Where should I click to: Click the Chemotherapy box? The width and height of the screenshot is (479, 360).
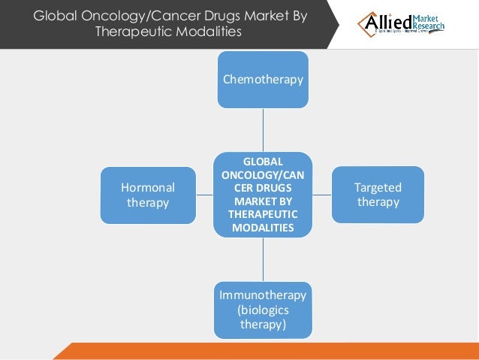point(263,79)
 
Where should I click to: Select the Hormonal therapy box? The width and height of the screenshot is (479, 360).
point(148,195)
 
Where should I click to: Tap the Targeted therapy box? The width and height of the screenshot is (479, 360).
point(378,195)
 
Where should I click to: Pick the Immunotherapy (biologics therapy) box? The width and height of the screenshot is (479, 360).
point(263,310)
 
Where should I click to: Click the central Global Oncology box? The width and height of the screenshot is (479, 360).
point(263,195)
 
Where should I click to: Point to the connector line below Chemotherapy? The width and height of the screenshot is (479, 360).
point(263,129)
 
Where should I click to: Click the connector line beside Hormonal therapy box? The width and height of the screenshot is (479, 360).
point(204,195)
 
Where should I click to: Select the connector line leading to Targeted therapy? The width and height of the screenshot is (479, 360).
point(321,195)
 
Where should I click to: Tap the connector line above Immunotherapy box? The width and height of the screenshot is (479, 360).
point(263,259)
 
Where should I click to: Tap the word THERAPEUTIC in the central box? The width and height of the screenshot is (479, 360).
point(263,215)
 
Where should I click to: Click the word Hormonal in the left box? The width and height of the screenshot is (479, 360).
point(148,188)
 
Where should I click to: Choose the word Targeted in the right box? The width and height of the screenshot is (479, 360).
point(378,188)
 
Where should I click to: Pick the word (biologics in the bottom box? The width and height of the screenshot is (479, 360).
point(263,310)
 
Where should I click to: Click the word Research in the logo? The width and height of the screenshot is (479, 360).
point(428,27)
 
